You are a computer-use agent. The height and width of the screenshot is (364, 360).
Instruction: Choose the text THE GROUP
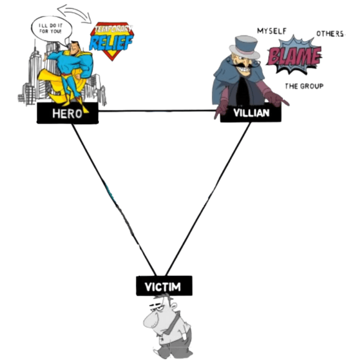[304, 86]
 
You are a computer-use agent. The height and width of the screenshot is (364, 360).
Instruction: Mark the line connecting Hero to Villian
[155, 111]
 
